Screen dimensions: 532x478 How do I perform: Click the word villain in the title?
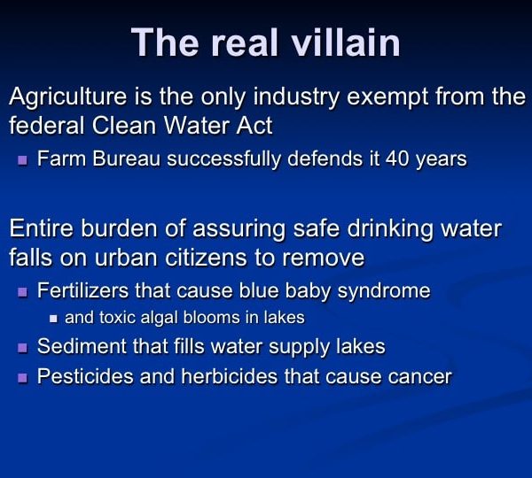coord(346,42)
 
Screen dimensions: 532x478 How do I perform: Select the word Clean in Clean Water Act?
coord(125,126)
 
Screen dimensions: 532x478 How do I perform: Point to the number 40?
coord(397,158)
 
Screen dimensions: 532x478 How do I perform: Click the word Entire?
coord(42,228)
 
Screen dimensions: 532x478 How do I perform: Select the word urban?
coord(126,258)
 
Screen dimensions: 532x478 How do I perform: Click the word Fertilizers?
coord(82,290)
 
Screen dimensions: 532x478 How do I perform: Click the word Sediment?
coord(82,347)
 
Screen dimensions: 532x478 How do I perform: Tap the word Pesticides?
coord(85,376)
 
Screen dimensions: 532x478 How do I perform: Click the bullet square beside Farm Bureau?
coord(22,160)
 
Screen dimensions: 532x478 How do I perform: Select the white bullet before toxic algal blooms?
coord(53,319)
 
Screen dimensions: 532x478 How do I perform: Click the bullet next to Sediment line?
coord(22,348)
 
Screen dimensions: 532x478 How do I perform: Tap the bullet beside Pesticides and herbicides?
coord(22,378)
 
